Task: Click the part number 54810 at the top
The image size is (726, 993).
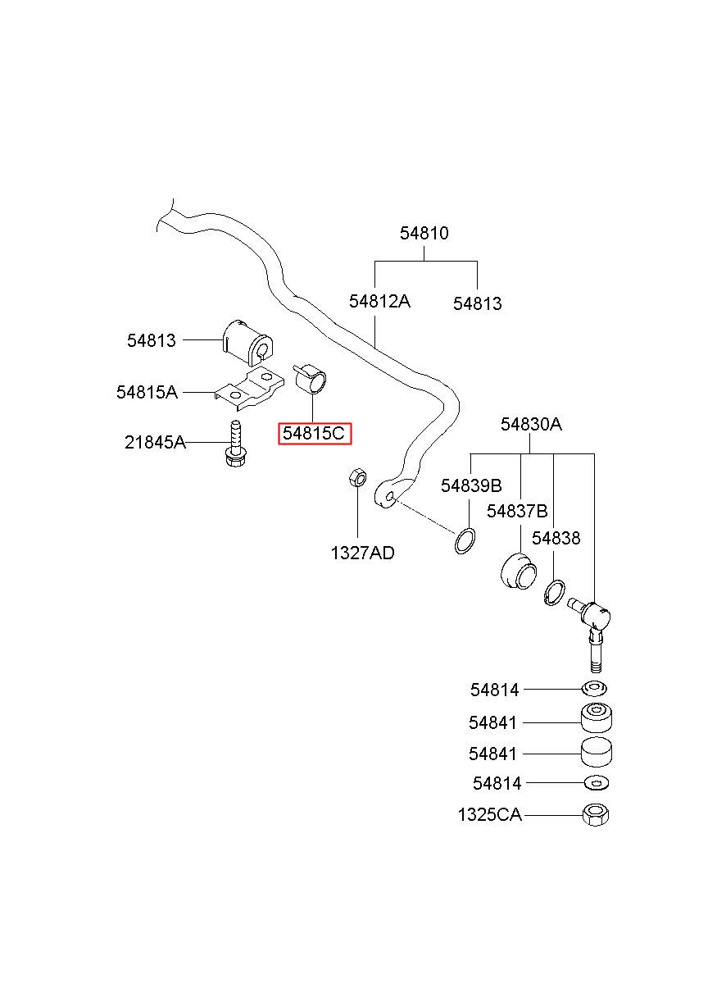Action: [424, 233]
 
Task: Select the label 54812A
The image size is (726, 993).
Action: [379, 302]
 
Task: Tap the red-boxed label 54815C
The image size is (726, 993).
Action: [314, 433]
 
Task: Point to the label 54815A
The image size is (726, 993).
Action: [147, 392]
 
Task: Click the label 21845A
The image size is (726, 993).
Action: [155, 442]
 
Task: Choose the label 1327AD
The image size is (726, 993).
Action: [362, 553]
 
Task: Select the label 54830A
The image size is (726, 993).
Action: [531, 424]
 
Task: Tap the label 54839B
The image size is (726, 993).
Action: [471, 486]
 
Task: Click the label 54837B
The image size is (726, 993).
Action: [517, 511]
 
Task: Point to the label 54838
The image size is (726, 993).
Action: [556, 538]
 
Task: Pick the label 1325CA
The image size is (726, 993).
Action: [489, 815]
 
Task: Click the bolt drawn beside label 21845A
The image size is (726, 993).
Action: [236, 444]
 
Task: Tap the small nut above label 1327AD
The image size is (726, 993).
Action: [357, 477]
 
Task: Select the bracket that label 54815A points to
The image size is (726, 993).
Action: [249, 388]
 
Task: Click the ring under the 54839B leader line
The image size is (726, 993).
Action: [465, 541]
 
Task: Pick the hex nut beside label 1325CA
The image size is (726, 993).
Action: [596, 814]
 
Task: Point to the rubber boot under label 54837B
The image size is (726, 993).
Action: [519, 571]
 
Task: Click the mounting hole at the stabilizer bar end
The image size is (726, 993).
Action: [390, 496]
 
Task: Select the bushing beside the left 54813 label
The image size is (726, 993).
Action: [247, 342]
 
